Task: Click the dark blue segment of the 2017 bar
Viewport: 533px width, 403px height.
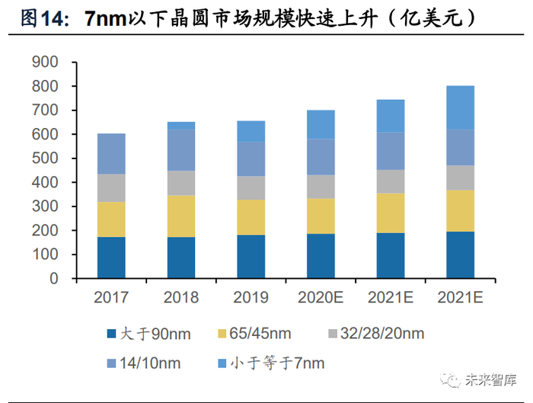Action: click(x=111, y=257)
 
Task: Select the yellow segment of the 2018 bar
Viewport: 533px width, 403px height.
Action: click(x=181, y=216)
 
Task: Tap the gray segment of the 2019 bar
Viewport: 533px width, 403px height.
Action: click(x=251, y=188)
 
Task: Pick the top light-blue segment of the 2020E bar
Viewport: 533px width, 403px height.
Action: click(x=321, y=124)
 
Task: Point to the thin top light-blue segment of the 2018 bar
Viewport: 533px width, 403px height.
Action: click(x=181, y=126)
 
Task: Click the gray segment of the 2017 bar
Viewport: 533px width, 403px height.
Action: click(x=111, y=188)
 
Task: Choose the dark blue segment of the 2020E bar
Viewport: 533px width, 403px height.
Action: click(x=321, y=256)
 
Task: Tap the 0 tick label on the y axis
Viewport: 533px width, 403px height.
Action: click(x=54, y=279)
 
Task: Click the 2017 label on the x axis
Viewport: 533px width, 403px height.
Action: click(x=111, y=298)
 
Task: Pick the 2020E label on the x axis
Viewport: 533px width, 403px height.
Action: click(x=321, y=298)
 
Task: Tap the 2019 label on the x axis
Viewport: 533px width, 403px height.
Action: click(x=251, y=298)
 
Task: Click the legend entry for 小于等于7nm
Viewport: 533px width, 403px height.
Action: click(x=274, y=363)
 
